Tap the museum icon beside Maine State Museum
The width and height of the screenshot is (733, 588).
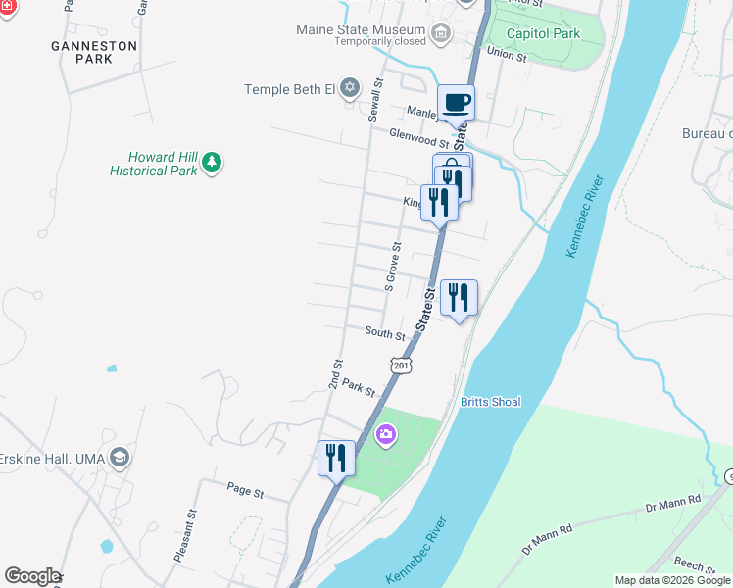tap(441, 34)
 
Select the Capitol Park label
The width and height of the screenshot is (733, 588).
tap(543, 33)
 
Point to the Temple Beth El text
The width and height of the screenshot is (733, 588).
tap(289, 89)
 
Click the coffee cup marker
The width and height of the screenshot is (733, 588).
tap(457, 103)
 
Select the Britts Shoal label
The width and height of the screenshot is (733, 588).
tap(491, 402)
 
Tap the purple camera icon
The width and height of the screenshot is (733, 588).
tap(386, 433)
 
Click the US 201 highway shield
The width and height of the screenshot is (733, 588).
tap(401, 366)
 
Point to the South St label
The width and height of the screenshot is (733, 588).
tap(385, 334)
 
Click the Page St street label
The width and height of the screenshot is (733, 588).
tap(245, 493)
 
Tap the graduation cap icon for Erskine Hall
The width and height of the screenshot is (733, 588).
tap(120, 458)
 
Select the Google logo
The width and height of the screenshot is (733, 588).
tap(32, 576)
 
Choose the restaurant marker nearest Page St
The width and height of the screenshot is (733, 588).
tap(336, 458)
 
